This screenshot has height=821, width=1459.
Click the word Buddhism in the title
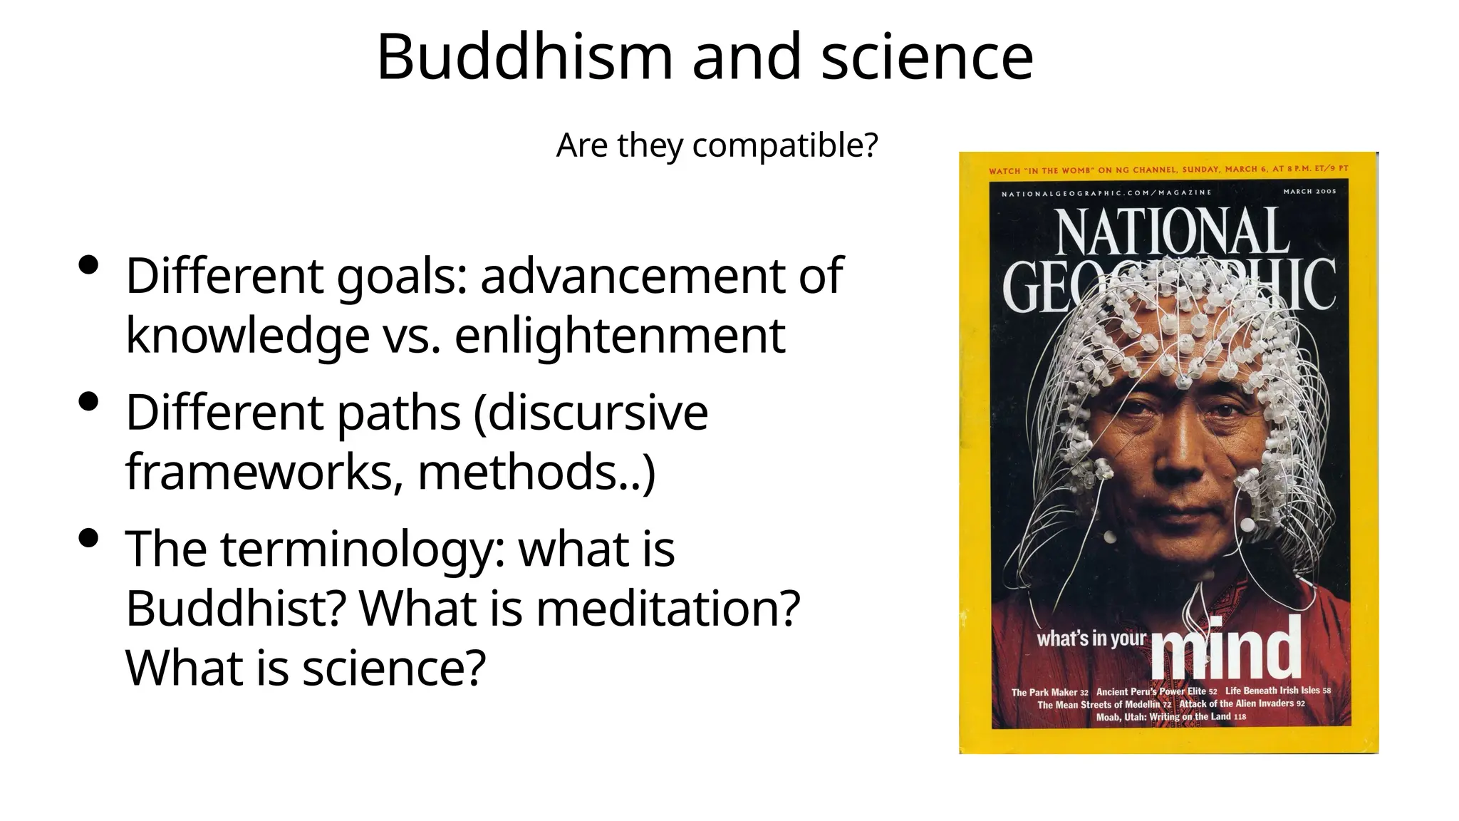pos(524,57)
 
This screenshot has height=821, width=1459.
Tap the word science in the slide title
pos(927,57)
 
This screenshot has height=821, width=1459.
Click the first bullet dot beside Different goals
pos(89,267)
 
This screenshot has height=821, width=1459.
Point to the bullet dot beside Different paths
pos(89,403)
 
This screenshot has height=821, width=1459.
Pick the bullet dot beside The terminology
pos(89,539)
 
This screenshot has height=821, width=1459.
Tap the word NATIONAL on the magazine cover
pos(1172,232)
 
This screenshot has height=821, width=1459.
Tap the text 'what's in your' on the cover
pos(1091,639)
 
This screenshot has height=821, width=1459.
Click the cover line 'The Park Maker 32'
pos(1049,692)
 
